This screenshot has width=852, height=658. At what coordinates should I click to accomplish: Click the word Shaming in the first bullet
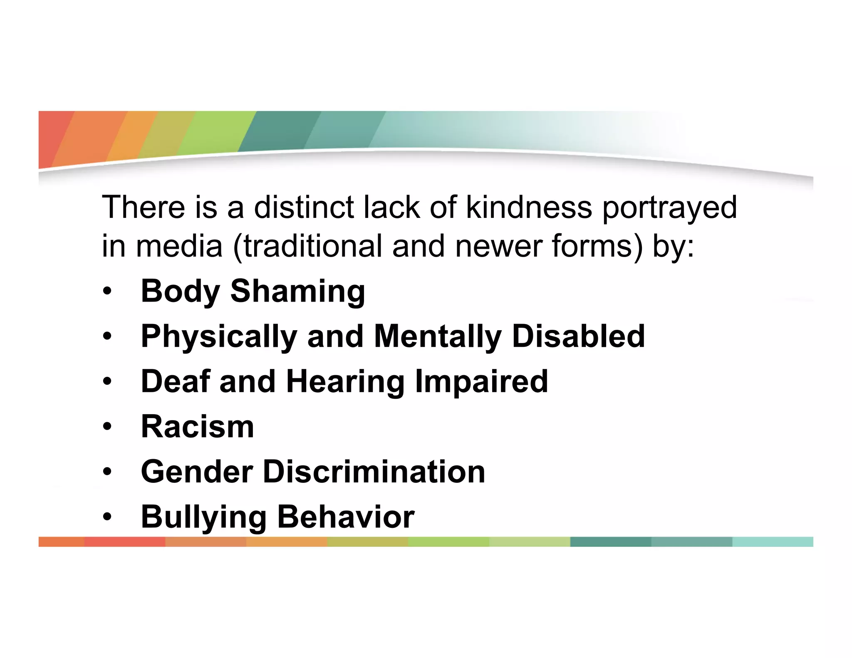point(297,292)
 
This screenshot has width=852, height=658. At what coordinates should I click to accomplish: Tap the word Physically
point(219,337)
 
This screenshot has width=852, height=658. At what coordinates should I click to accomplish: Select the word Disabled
point(578,336)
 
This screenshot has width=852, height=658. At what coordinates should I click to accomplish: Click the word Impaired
point(481,381)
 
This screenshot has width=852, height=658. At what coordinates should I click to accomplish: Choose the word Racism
point(197,427)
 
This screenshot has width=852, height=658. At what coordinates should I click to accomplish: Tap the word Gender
point(197,472)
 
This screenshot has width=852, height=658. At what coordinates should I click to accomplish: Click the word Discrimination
point(374,472)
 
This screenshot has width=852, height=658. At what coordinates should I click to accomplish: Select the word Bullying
point(203,517)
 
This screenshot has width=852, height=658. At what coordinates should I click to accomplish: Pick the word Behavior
point(345,517)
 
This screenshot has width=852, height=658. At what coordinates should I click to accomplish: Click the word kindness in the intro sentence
point(529,207)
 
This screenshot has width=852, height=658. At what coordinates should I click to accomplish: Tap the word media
point(179,246)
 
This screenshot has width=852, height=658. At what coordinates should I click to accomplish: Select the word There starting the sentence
point(144,207)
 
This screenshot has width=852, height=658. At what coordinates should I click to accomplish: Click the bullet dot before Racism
point(108,427)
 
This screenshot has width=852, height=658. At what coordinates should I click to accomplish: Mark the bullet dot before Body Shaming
point(108,292)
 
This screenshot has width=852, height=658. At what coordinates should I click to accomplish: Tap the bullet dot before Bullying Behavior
point(108,517)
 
